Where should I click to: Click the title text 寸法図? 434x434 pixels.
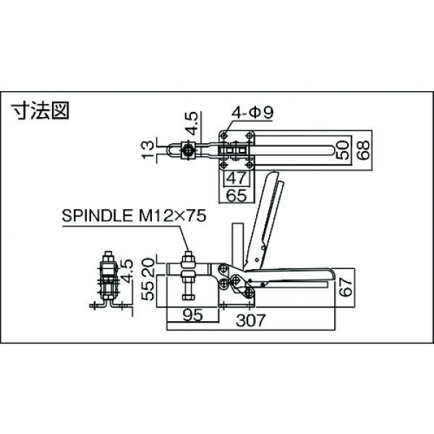coord(40,111)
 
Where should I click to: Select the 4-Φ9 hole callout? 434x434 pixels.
coord(252,112)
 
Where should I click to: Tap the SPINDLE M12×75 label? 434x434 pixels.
coord(134,216)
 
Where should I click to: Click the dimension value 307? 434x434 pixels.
coord(250,320)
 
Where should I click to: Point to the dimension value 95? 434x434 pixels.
coord(193,315)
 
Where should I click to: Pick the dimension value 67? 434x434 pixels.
coord(346,287)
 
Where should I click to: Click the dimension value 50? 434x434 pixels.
coord(342,150)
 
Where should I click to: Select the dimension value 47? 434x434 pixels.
coord(236,178)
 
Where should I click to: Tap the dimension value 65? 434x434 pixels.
coord(236,195)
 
